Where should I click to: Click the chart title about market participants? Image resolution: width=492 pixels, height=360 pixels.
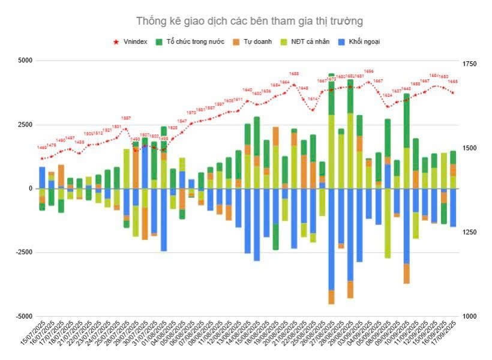249,22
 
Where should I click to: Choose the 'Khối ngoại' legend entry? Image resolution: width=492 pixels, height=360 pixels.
364,42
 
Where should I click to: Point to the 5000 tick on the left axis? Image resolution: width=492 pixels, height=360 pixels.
25,61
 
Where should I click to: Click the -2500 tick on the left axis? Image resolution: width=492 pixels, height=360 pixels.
23,253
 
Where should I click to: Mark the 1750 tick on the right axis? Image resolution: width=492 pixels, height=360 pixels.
469,64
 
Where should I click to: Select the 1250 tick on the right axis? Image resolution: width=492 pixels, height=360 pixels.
469,232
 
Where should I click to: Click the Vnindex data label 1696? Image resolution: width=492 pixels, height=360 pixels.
369,71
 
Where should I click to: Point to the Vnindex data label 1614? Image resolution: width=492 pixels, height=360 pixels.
312,99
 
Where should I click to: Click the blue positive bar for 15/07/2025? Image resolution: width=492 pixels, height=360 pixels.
42,178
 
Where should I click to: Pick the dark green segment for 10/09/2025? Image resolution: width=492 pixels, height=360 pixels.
406,120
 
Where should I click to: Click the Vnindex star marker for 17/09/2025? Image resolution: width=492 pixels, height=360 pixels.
453,92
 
